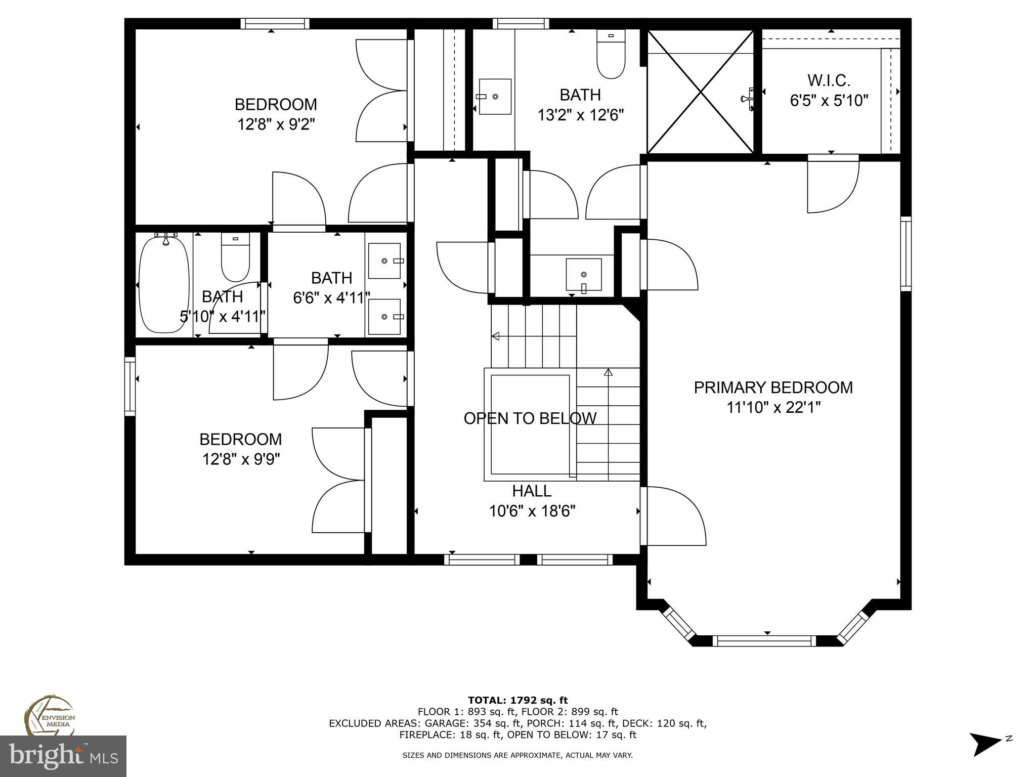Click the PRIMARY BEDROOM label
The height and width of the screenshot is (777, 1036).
[x=773, y=387]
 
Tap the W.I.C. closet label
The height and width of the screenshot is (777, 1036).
[x=829, y=80]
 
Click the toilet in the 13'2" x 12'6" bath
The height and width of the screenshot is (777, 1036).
[x=611, y=54]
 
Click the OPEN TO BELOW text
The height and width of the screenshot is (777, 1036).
[x=530, y=418]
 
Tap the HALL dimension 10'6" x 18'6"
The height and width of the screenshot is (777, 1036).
[x=532, y=511]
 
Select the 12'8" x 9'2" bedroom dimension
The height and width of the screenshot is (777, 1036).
[x=276, y=124]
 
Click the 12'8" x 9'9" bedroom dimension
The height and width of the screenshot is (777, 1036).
[x=241, y=459]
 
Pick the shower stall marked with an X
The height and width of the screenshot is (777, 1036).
[x=701, y=92]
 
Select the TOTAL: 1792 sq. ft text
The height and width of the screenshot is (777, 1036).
[x=517, y=700]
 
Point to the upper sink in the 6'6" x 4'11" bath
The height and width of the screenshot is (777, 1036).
[x=385, y=261]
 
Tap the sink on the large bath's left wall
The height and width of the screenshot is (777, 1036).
[x=495, y=97]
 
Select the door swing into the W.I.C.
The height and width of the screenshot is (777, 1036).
[x=833, y=185]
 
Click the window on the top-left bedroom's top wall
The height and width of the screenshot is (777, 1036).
[x=275, y=23]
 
